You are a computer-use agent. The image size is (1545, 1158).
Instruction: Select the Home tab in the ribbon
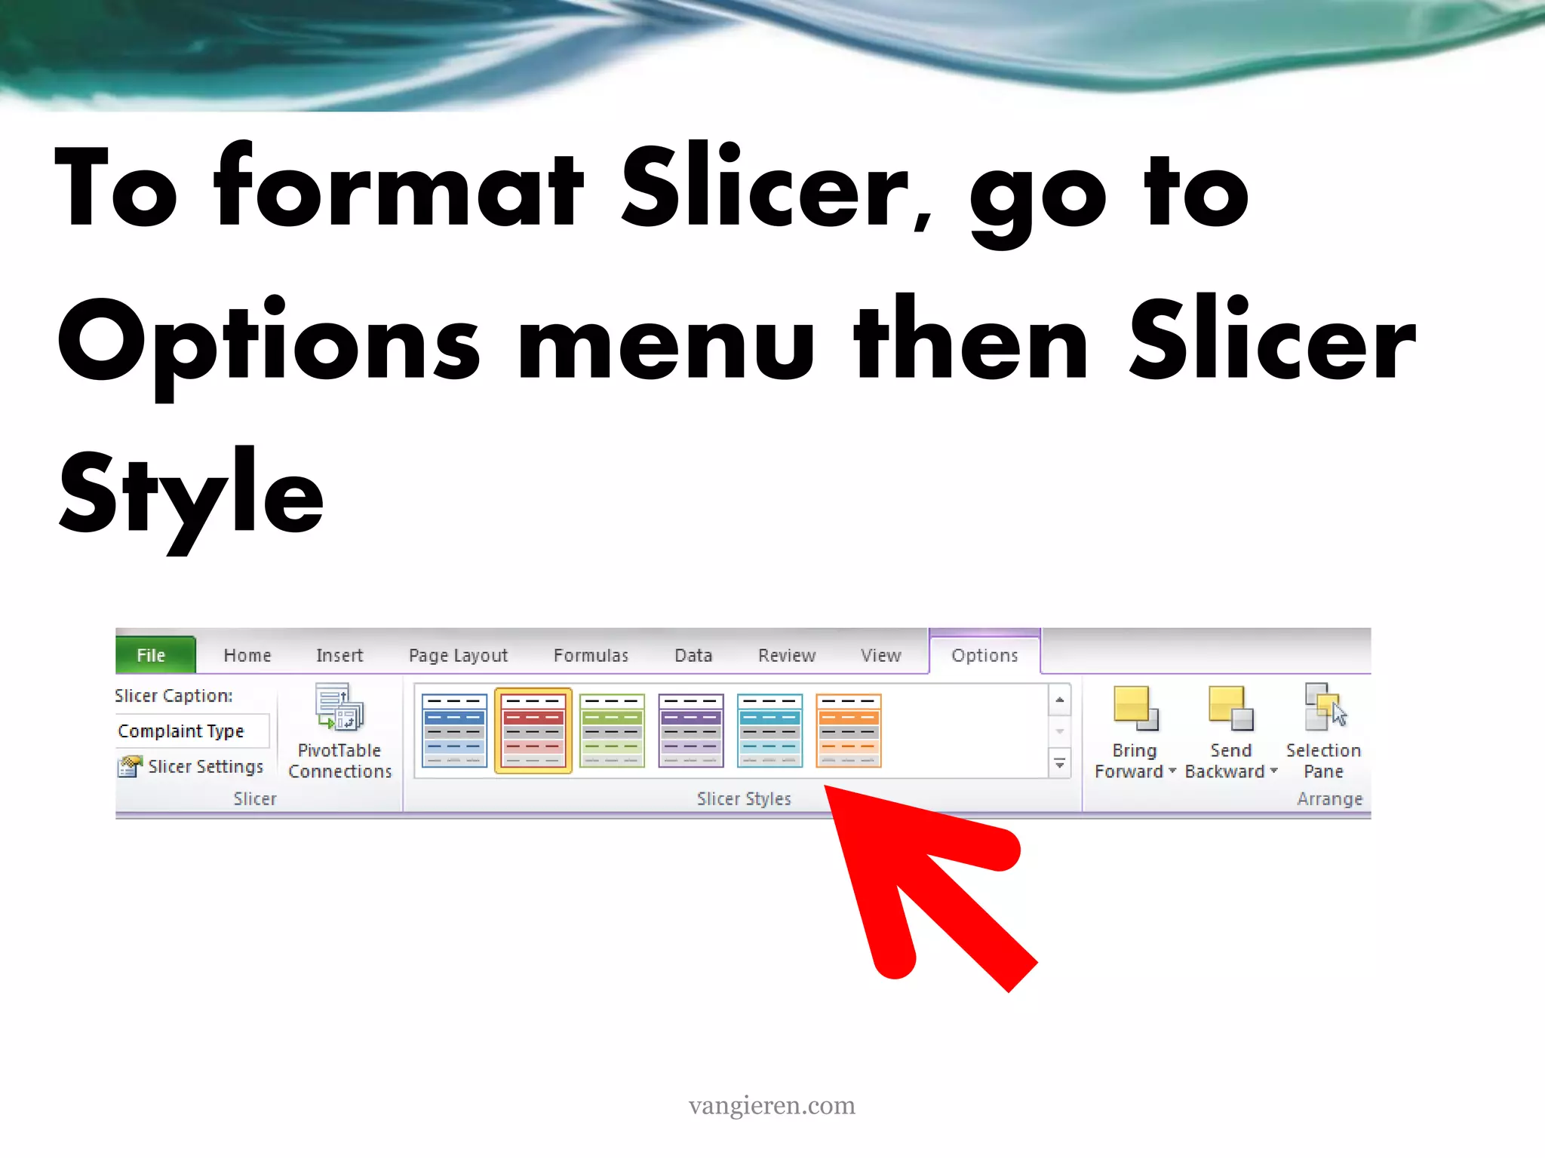click(x=247, y=655)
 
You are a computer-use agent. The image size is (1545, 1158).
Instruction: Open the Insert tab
click(x=339, y=655)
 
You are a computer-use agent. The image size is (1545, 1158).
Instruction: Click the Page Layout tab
click(x=458, y=655)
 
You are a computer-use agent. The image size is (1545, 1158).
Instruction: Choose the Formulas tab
click(x=591, y=655)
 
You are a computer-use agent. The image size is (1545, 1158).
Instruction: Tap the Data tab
click(x=693, y=655)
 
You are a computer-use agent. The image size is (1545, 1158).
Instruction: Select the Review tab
click(x=787, y=655)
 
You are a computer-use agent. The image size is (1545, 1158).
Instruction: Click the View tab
click(x=880, y=655)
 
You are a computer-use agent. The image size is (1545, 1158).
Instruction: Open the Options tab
click(x=984, y=655)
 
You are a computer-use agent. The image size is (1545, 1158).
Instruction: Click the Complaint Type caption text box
click(x=192, y=731)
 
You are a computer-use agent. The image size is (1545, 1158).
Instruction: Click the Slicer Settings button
click(x=192, y=767)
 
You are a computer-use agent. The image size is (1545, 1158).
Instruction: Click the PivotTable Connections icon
click(x=339, y=707)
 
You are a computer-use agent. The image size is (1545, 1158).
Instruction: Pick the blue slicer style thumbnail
click(x=454, y=730)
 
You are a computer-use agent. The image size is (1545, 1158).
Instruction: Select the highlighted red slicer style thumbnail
click(x=533, y=730)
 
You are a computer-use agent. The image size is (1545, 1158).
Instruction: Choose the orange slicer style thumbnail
click(x=849, y=730)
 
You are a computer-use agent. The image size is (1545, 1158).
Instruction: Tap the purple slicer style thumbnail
click(x=691, y=730)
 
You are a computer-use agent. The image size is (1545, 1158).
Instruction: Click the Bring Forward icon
click(x=1135, y=709)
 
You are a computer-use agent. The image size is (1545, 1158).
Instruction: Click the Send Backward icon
click(x=1230, y=709)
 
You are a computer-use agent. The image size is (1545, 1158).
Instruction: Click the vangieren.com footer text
click(x=772, y=1105)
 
